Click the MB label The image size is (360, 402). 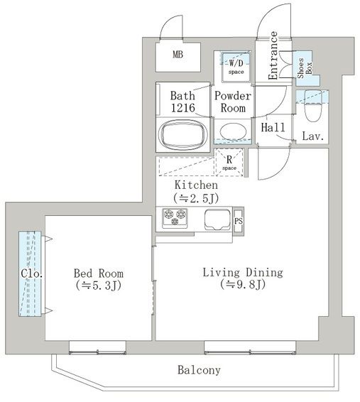click(x=178, y=55)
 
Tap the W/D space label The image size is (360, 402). click(x=236, y=67)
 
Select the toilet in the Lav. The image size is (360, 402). click(x=313, y=106)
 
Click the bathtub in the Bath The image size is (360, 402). click(x=183, y=135)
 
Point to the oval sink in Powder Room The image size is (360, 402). click(x=233, y=131)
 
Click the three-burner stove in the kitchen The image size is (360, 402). click(x=175, y=217)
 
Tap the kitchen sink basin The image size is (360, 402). click(x=217, y=219)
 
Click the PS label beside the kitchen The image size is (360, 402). click(x=239, y=221)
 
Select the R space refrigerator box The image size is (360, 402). click(x=229, y=162)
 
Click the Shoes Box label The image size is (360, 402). click(x=305, y=68)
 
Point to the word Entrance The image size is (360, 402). click(x=273, y=55)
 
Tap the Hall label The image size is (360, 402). click(x=273, y=127)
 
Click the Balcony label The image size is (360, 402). click(x=199, y=370)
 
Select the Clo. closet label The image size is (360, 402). click(x=31, y=273)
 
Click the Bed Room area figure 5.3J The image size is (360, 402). click(x=99, y=286)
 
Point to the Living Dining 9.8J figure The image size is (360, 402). click(x=243, y=284)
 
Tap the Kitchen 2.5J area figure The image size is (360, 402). click(x=196, y=198)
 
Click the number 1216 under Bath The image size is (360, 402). click(x=183, y=108)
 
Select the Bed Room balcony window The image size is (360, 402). click(x=97, y=347)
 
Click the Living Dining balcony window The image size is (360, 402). click(x=250, y=347)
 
